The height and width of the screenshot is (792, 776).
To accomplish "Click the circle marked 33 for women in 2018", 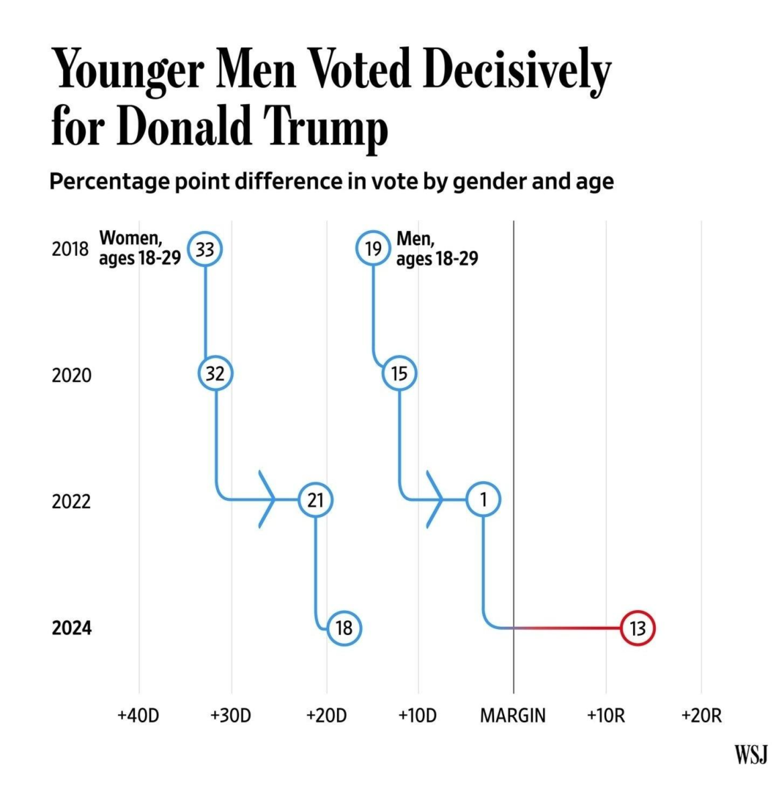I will [205, 250].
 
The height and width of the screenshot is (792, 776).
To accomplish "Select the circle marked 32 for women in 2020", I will [215, 374].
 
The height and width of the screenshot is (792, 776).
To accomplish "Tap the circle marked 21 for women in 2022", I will [316, 501].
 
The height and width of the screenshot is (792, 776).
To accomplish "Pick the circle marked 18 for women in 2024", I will [344, 628].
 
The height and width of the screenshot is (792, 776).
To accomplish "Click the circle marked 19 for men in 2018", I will [373, 249].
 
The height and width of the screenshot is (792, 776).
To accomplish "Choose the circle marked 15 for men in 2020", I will [399, 374].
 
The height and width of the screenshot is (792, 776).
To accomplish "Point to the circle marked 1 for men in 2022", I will [484, 501].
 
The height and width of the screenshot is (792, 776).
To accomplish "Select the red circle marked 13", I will [637, 628].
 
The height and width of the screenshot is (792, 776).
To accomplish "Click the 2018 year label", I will [71, 249].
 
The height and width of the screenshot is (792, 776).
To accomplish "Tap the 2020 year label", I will [71, 375].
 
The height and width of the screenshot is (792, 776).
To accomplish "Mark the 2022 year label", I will [71, 502].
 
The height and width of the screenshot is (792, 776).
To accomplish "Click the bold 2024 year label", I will [71, 629].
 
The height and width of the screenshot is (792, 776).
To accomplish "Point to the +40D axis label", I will [138, 716].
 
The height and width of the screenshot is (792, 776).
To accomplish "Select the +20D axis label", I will [325, 716].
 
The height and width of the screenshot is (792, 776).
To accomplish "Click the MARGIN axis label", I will [513, 716].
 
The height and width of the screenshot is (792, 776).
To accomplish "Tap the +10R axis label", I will [606, 716].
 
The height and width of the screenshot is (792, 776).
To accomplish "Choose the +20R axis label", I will [701, 716].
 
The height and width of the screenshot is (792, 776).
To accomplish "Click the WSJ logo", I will [751, 754].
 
